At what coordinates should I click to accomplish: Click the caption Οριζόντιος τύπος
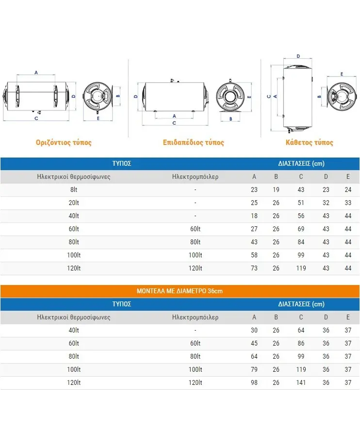(64, 143)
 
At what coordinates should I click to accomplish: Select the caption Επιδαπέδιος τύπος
(193, 143)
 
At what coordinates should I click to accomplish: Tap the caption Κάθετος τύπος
(309, 143)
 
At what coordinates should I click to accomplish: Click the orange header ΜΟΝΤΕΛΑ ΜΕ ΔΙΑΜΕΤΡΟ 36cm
(180, 291)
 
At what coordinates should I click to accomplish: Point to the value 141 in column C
(301, 382)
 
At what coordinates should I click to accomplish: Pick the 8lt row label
(74, 190)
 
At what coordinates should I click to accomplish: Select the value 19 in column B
(276, 190)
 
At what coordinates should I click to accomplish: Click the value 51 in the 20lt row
(301, 203)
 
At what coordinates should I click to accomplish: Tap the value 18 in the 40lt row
(254, 216)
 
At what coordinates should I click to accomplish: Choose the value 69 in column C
(301, 229)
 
